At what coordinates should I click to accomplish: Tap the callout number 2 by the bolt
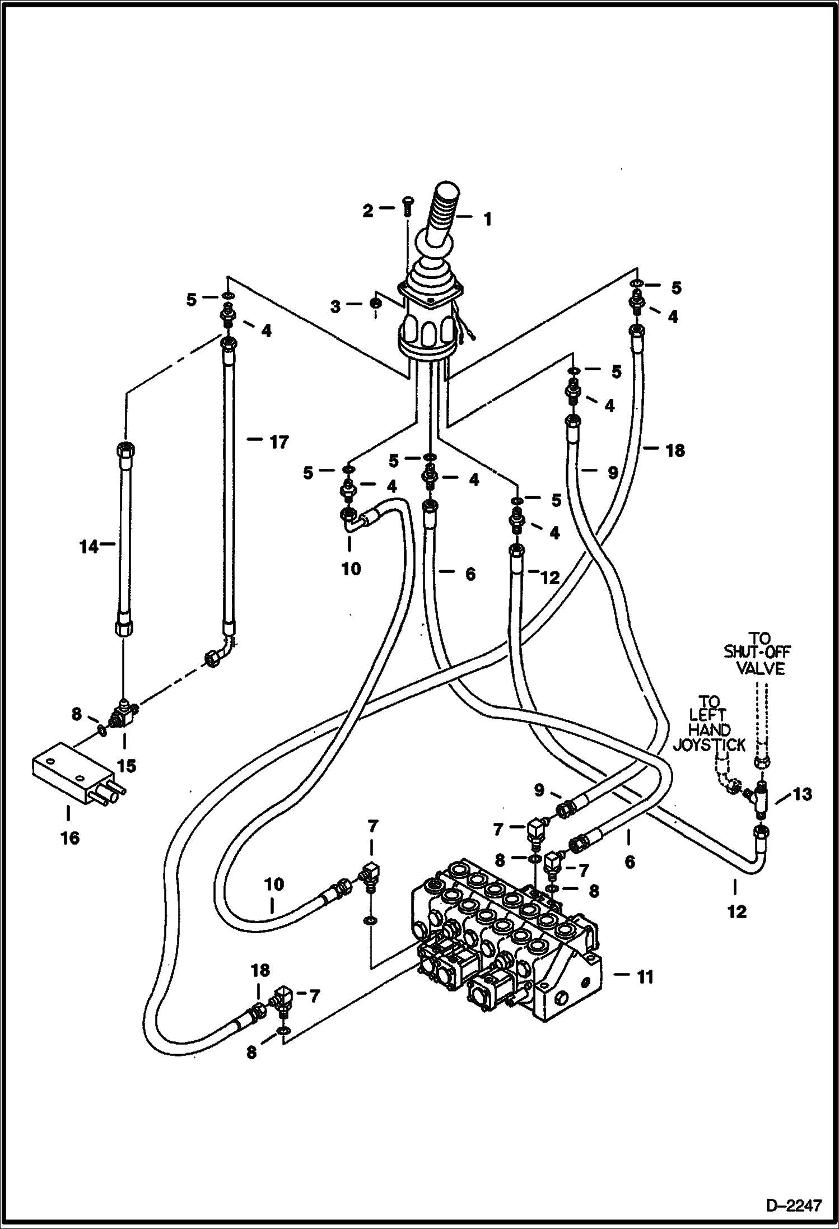(367, 211)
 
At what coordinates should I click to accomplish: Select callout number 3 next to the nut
(335, 306)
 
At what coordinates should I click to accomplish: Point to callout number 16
(71, 838)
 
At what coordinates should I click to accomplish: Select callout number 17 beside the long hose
(278, 443)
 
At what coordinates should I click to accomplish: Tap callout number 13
(802, 794)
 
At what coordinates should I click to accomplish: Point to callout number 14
(88, 546)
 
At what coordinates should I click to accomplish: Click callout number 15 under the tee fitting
(128, 766)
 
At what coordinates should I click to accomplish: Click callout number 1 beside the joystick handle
(487, 219)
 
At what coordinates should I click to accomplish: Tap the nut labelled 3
(376, 303)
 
